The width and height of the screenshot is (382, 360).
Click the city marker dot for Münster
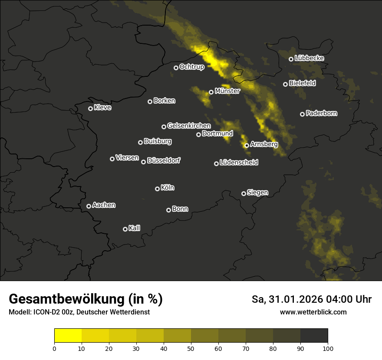[x=211, y=92]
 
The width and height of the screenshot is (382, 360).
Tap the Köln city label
[x=168, y=188]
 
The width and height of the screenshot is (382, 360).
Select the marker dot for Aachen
[x=89, y=206]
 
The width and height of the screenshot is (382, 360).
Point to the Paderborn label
[x=321, y=113]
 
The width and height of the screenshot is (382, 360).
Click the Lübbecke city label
[x=309, y=58]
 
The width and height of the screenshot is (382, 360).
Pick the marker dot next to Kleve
[x=90, y=108]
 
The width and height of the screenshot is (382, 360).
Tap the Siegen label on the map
[x=257, y=193]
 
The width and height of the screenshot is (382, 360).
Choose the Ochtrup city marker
[x=176, y=68]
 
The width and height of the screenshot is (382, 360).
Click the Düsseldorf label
[x=164, y=160]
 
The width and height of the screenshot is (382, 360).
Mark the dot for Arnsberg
[x=247, y=145]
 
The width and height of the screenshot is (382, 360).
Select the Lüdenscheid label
[x=239, y=163]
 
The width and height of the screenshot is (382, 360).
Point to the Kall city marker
[x=125, y=229]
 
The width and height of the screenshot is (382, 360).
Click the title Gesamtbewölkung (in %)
[x=86, y=299]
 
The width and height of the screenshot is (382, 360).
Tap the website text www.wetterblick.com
[x=313, y=312]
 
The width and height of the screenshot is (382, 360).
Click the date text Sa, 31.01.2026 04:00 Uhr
[x=311, y=299]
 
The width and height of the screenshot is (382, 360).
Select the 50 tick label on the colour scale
[x=191, y=348]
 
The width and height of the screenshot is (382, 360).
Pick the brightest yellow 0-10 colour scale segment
[x=68, y=336]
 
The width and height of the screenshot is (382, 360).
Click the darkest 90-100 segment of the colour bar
[x=314, y=336]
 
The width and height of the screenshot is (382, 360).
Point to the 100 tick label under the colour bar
[x=328, y=348]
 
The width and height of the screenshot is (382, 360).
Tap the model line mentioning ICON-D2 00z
[x=79, y=312]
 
